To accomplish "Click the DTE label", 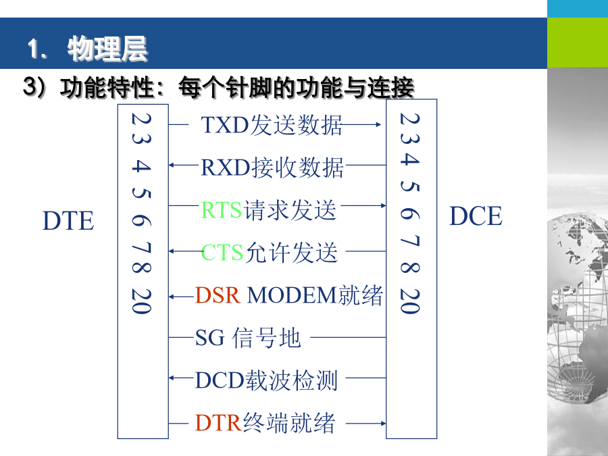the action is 68,221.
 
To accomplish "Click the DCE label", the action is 476,216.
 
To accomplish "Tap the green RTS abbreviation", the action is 222,210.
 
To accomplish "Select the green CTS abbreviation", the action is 222,253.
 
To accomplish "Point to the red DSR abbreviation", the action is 218,295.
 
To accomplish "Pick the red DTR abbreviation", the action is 219,423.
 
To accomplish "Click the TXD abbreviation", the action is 225,125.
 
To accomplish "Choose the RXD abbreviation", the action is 225,168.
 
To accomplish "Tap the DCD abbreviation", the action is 220,380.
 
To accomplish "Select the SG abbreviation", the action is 210,338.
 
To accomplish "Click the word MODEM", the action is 292,295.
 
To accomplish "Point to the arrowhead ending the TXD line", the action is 378,124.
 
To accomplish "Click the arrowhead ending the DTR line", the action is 383,424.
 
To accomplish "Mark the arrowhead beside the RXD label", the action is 172,166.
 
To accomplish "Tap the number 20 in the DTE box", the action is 141,301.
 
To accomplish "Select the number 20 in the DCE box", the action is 410,301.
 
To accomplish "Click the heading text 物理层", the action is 107,49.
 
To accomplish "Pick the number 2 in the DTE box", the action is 141,119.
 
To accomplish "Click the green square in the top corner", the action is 578,43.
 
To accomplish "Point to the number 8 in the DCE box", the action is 410,268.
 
